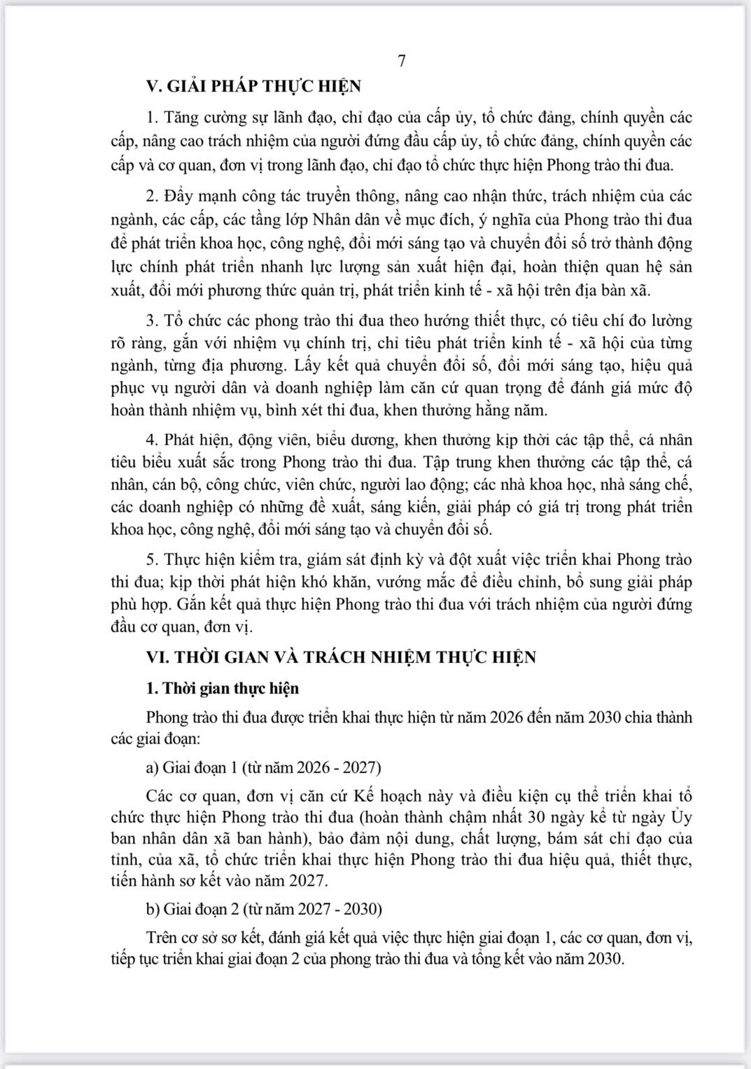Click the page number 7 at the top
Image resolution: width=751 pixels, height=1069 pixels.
(x=402, y=62)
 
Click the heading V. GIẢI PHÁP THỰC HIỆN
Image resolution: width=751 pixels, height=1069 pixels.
(x=253, y=86)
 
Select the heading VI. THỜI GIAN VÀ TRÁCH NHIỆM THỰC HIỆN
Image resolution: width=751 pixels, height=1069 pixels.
(x=341, y=657)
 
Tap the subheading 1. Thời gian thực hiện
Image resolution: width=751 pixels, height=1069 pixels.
(x=223, y=688)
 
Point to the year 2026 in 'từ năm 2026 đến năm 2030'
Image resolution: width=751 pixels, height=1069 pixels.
(x=509, y=718)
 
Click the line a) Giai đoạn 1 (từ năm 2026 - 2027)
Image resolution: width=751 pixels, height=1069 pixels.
(x=264, y=767)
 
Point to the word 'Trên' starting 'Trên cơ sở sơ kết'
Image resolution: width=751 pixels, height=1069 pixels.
(x=162, y=937)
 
